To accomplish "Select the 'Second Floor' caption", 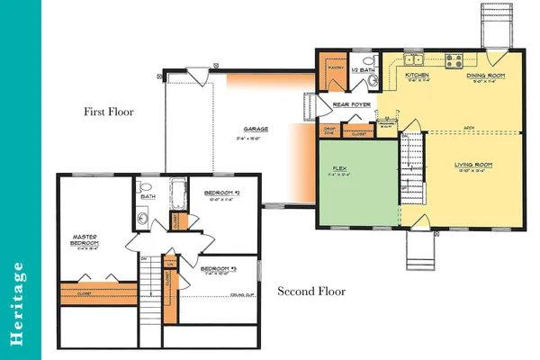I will click(x=310, y=291).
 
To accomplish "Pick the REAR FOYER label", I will click(x=352, y=105).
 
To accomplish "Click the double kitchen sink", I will click(x=415, y=59).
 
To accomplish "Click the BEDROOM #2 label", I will click(x=220, y=195).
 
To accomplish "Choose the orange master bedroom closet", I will click(x=92, y=293).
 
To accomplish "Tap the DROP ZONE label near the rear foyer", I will click(x=328, y=132).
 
